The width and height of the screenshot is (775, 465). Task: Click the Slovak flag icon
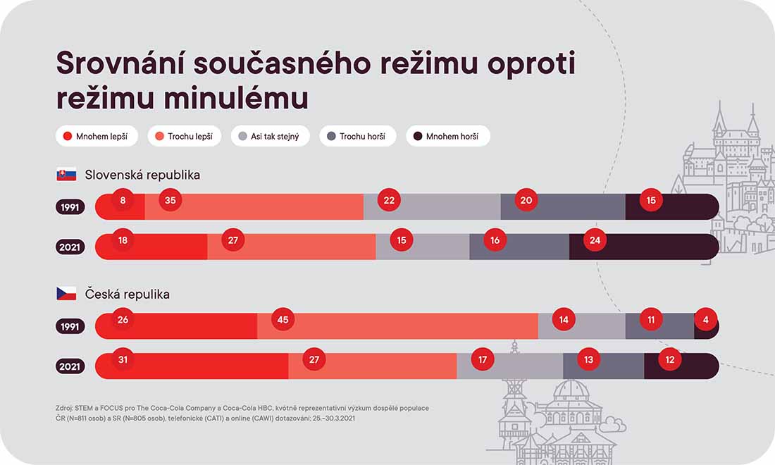pyautogui.click(x=66, y=174)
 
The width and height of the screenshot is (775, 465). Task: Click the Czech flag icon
pyautogui.click(x=66, y=294)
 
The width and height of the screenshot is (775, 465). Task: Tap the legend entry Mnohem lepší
pyautogui.click(x=97, y=136)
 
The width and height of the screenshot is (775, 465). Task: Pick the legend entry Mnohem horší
pyautogui.click(x=447, y=136)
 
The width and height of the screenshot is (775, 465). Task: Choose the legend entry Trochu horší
pyautogui.click(x=357, y=136)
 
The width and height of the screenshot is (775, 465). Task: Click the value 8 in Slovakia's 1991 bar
pyautogui.click(x=123, y=200)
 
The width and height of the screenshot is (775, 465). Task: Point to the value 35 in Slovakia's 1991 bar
pyautogui.click(x=170, y=200)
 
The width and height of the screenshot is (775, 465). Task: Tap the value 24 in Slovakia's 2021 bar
pyautogui.click(x=595, y=240)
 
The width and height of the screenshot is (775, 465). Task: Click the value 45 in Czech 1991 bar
pyautogui.click(x=283, y=320)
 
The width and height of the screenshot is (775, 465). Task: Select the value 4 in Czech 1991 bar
pyautogui.click(x=705, y=320)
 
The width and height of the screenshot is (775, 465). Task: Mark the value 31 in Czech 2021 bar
pyautogui.click(x=123, y=360)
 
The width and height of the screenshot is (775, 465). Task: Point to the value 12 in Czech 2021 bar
pyautogui.click(x=669, y=360)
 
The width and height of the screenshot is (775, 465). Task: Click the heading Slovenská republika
pyautogui.click(x=142, y=175)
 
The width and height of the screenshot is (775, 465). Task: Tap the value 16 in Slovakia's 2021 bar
pyautogui.click(x=495, y=240)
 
